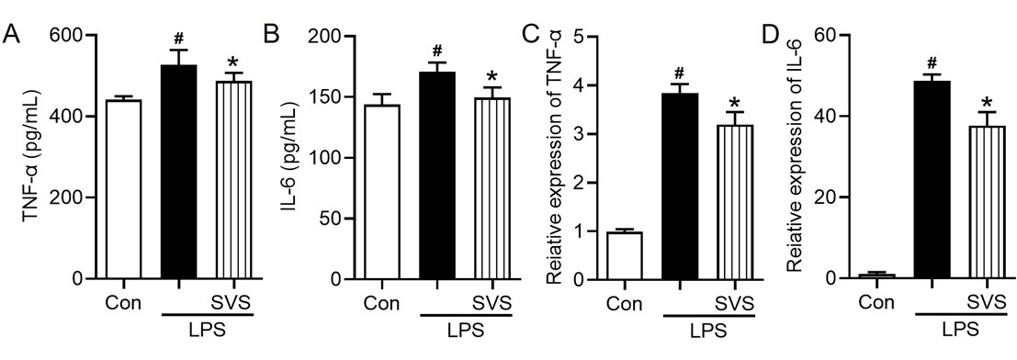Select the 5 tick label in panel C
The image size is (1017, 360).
click(x=578, y=36)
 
